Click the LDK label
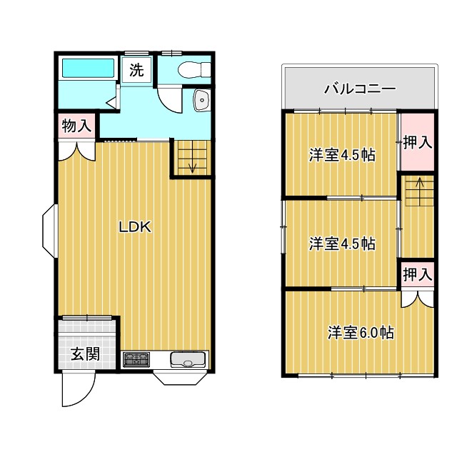click(134, 227)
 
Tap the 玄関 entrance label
click(84, 353)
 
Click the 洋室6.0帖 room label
click(361, 332)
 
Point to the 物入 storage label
click(76, 126)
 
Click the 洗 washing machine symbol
click(136, 71)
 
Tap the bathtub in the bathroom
click(86, 69)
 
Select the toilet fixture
click(192, 70)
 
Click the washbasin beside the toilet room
click(202, 101)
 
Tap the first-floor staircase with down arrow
click(191, 156)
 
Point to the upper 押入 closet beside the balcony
click(416, 141)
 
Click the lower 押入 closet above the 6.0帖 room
click(416, 273)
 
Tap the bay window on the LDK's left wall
click(49, 231)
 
